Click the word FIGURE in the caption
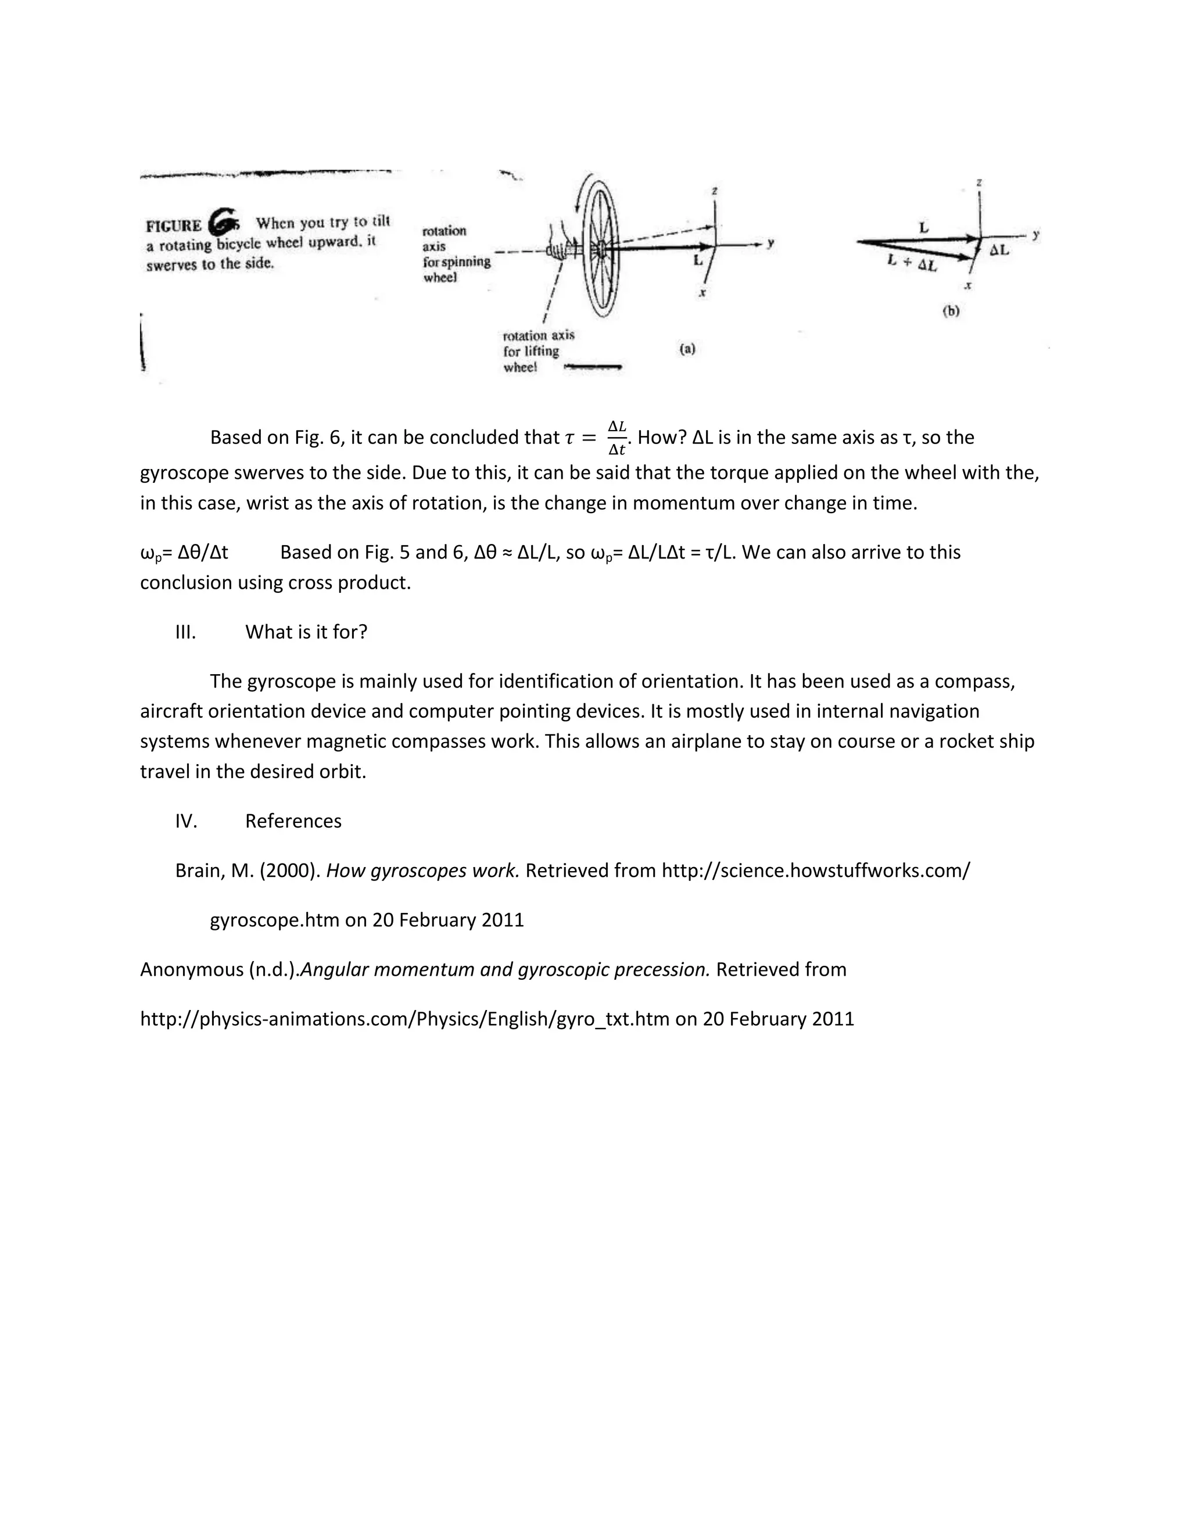[x=173, y=226]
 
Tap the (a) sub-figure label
[x=687, y=348]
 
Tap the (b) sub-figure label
[x=951, y=311]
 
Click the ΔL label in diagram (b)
[x=999, y=250]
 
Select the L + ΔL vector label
[x=912, y=264]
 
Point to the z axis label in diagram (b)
[x=979, y=182]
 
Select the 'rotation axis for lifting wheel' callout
[x=539, y=351]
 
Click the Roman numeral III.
[x=185, y=632]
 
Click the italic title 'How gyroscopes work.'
[x=422, y=871]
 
